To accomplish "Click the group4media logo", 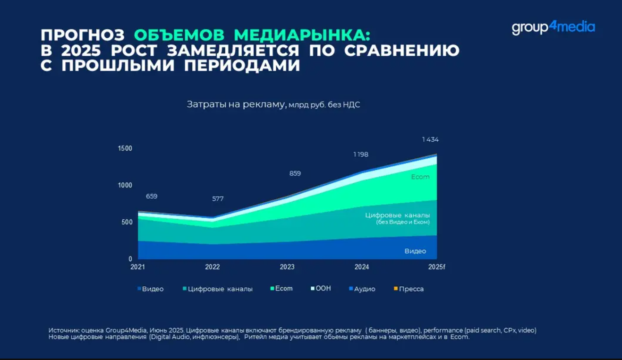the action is click(x=553, y=28).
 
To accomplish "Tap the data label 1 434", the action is click(x=430, y=139).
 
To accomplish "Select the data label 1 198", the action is click(x=361, y=154).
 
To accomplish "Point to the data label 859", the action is click(x=295, y=173).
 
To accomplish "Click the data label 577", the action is click(x=218, y=198).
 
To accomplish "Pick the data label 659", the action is click(x=152, y=196).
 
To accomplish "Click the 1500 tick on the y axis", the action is click(x=125, y=148).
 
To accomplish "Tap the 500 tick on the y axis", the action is click(x=127, y=222).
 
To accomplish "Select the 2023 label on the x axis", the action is click(x=287, y=267).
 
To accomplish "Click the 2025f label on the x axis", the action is click(x=436, y=267).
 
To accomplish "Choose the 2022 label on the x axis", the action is click(x=213, y=267).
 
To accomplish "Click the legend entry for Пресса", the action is click(x=409, y=289).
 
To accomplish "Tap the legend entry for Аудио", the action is click(x=362, y=289).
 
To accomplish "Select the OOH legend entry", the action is click(x=321, y=288).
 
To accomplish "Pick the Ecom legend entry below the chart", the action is click(x=281, y=288).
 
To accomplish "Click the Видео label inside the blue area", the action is click(x=415, y=251).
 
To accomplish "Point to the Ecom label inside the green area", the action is click(x=420, y=177).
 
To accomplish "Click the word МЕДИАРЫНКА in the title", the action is click(x=302, y=35).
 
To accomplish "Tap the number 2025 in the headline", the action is click(x=81, y=51).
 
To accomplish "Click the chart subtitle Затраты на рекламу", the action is click(x=237, y=104).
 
